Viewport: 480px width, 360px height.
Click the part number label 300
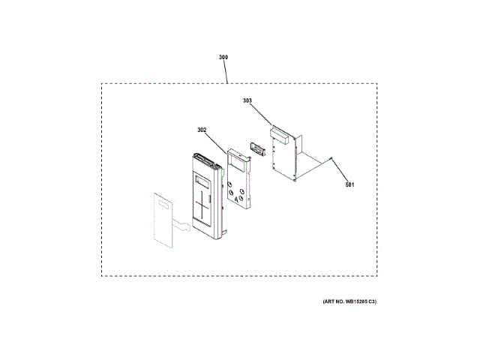tap(223, 57)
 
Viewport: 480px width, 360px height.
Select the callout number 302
tap(202, 130)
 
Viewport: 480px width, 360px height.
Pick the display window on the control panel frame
tap(201, 181)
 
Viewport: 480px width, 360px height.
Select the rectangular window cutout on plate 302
tap(237, 160)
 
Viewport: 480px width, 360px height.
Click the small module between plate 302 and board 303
tap(259, 150)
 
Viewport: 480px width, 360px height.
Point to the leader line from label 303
tap(260, 112)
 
